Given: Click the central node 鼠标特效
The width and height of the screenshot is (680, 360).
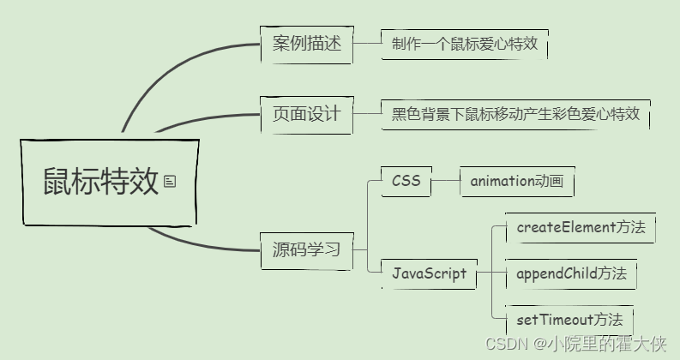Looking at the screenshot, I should (x=101, y=182).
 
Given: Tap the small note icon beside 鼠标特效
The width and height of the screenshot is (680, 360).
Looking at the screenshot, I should (x=170, y=181).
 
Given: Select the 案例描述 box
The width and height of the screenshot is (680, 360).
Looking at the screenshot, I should (x=306, y=44).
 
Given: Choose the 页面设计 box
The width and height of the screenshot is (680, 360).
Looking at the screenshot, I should (x=306, y=113).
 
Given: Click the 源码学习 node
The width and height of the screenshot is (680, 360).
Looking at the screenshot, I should (x=306, y=250).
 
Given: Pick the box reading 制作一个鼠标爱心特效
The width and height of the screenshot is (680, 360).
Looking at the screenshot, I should (x=464, y=44).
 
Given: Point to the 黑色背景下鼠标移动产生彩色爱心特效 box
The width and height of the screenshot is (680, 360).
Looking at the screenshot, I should (x=515, y=113).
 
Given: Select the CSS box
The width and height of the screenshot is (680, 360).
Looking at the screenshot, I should (x=406, y=181).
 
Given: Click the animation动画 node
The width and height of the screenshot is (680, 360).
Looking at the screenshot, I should (x=516, y=181).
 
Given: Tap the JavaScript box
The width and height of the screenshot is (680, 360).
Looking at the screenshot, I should (x=429, y=273).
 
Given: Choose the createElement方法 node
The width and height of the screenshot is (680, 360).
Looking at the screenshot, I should (x=580, y=228).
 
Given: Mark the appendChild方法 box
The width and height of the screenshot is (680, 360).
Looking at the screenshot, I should (x=571, y=273).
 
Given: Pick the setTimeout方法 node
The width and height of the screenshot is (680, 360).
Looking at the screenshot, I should (x=569, y=320).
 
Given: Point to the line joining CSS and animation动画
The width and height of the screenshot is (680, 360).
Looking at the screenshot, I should (x=446, y=181).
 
